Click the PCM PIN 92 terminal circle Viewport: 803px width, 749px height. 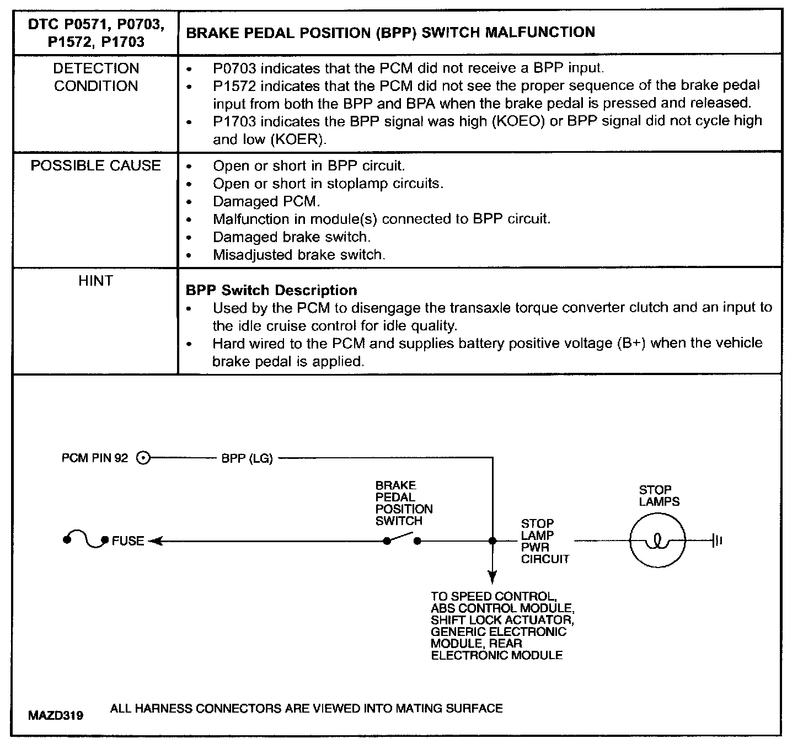(x=143, y=458)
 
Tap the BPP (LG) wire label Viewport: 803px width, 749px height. (x=247, y=458)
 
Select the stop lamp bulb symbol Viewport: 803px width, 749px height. (x=657, y=541)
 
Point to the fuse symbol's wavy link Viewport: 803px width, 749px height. (x=85, y=540)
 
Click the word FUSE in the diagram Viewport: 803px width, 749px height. (x=128, y=541)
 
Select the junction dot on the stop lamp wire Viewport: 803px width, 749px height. (x=492, y=541)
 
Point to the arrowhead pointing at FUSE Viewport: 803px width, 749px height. (x=154, y=541)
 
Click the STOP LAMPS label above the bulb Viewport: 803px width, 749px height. (x=659, y=496)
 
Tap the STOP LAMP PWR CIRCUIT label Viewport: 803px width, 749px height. (x=544, y=541)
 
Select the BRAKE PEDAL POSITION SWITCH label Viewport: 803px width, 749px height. (x=404, y=503)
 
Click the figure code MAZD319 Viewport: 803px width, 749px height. (x=56, y=716)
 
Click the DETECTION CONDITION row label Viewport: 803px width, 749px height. (x=96, y=77)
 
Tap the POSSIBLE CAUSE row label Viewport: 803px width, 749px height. (x=96, y=165)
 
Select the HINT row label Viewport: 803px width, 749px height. (x=95, y=281)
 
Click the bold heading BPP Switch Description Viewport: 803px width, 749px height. (x=271, y=290)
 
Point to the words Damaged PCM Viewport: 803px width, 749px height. (x=266, y=201)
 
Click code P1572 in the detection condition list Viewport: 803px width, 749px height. (x=235, y=85)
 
